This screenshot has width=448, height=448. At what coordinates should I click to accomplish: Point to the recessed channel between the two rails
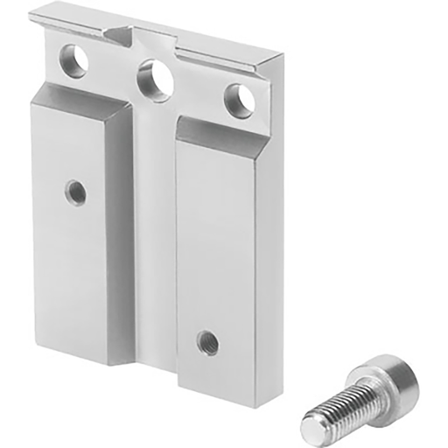coord(155,227)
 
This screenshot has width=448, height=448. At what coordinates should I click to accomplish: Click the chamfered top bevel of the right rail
coord(224,129)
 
